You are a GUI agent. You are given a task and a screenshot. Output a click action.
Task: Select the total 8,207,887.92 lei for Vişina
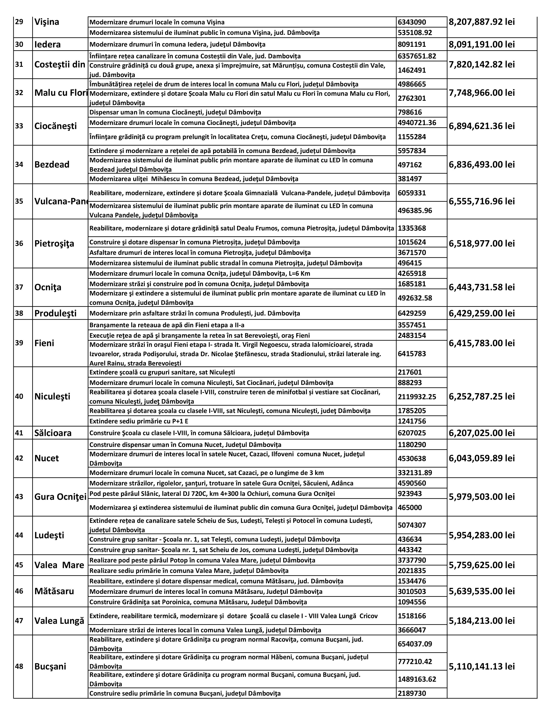click(x=482, y=22)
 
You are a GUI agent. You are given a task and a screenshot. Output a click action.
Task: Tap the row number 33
click(x=19, y=126)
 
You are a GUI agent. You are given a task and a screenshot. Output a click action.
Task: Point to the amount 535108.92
click(x=415, y=33)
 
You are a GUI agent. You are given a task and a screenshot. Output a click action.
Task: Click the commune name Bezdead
click(x=52, y=164)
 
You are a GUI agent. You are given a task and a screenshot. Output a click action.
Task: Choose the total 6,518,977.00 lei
click(x=482, y=244)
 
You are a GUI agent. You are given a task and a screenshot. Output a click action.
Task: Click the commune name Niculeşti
click(x=52, y=396)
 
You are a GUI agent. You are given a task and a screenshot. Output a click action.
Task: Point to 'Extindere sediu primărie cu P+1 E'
click(x=139, y=421)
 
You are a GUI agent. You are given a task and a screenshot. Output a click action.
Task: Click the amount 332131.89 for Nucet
click(x=415, y=473)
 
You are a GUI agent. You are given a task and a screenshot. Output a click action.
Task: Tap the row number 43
click(x=19, y=497)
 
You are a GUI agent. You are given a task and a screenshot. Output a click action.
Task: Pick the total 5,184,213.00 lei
click(x=482, y=621)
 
